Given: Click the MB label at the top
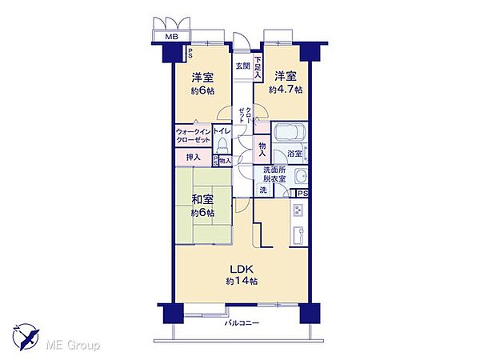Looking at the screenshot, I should coord(171,37).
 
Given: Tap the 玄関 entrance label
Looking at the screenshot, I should coord(242,66).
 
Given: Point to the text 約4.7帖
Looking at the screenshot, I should coord(286,91).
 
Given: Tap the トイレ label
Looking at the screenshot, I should coord(222,129).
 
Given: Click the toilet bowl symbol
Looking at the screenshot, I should coord(223,146).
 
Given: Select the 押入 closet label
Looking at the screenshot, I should coord(193,158).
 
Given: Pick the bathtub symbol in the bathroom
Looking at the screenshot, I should coord(290,133).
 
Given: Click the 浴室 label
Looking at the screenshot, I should coord(294,153).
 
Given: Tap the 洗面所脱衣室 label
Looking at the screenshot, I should coord(274,174).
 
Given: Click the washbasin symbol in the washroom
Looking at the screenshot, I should coord(301,177).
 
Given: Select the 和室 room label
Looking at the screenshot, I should coord(202,200).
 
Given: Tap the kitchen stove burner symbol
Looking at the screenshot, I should coord(298,211).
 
